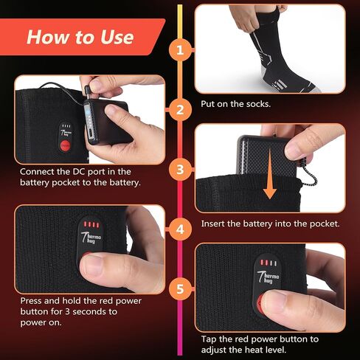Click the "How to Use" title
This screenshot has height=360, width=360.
point(80,37)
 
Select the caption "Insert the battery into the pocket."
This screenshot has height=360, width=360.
point(270,224)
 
